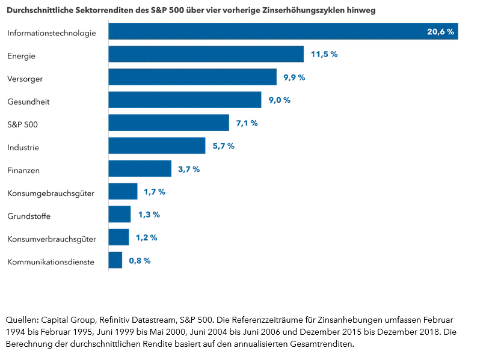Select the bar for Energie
[206, 54]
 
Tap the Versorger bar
[192, 77]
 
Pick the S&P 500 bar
[168, 123]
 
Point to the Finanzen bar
[140, 169]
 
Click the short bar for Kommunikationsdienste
[115, 260]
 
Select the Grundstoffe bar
[119, 215]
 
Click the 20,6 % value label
[440, 32]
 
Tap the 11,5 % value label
[324, 54]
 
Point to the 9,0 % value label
[279, 100]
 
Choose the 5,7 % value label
[223, 146]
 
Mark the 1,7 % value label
[154, 192]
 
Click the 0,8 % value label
[140, 260]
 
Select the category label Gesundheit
[28, 102]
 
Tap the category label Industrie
[23, 147]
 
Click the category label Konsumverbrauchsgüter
[52, 239]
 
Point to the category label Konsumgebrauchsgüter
[51, 193]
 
